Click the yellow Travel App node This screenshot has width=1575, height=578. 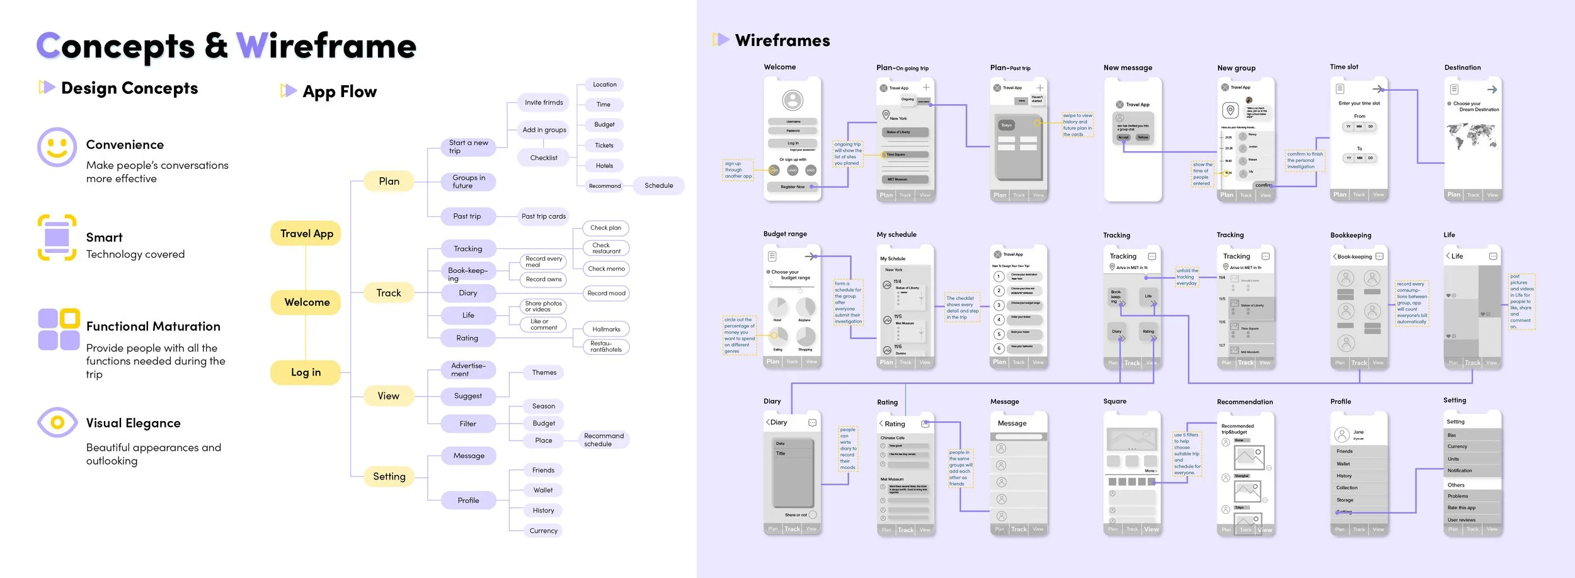coord(306,234)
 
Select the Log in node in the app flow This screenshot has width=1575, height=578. coord(306,373)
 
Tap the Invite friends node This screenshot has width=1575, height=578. coord(544,103)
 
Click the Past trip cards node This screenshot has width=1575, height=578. coord(543,216)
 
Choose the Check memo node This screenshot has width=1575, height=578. coord(606,269)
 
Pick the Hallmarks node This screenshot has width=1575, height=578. coord(606,329)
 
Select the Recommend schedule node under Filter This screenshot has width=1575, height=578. coord(604,440)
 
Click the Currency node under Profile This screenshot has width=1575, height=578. coord(543,531)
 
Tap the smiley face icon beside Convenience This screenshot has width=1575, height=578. coord(57,147)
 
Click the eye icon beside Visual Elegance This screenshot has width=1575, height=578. coord(57,422)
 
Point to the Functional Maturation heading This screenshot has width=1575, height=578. coord(153,327)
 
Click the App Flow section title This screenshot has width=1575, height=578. coord(340,92)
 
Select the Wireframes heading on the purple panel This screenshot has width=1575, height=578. coord(782,41)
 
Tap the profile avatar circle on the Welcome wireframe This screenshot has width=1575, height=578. coord(793,100)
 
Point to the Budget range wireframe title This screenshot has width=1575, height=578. coord(785,234)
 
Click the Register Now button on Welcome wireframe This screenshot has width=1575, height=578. coord(792,187)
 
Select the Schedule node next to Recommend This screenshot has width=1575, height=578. coord(658,186)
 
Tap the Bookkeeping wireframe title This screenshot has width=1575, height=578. coord(1351,235)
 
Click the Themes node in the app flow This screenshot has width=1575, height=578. coord(544,373)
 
